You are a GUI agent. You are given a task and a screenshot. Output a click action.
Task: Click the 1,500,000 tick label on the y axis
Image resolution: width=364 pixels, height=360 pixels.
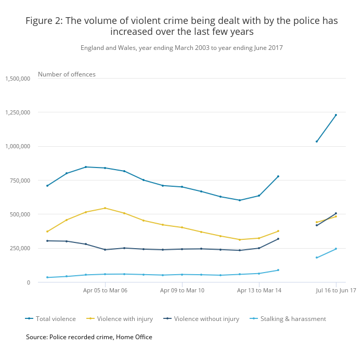click(x=18, y=79)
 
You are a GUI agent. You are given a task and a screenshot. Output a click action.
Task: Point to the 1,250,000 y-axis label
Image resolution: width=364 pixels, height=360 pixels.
click(x=18, y=112)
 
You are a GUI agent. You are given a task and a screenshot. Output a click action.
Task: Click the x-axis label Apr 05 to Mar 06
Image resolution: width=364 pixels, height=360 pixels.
click(x=105, y=291)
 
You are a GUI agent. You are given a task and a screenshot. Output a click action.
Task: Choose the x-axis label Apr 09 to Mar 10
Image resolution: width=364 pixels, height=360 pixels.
click(x=182, y=291)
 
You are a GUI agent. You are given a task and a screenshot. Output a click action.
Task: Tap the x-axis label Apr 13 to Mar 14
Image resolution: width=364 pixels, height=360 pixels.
click(x=259, y=291)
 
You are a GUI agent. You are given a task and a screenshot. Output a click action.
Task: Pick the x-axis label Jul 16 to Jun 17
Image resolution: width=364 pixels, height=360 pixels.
click(x=335, y=291)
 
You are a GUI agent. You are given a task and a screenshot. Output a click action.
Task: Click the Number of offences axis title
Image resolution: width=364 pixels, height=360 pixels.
click(x=67, y=74)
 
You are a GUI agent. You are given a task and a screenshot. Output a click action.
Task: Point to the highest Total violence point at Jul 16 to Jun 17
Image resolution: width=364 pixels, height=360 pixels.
click(x=336, y=115)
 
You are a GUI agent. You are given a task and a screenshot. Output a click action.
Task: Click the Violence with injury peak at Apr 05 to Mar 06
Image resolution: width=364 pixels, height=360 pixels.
click(x=105, y=208)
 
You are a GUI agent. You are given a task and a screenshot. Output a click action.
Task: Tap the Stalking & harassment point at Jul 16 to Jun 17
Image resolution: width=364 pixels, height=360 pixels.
click(x=336, y=249)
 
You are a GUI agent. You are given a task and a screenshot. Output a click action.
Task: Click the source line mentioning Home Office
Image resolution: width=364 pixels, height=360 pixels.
click(x=89, y=337)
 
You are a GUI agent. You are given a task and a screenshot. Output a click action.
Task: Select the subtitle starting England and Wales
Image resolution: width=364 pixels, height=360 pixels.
click(x=181, y=48)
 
